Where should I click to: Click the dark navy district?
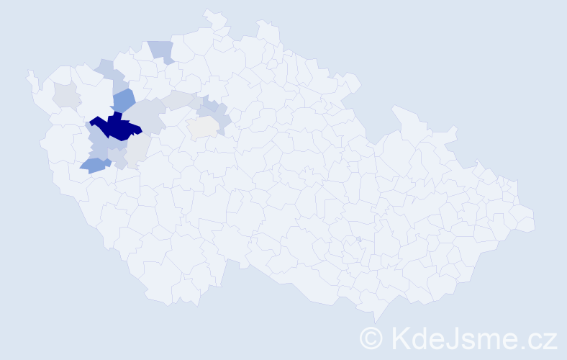[x=115, y=127]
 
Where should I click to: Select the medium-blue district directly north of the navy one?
[x=123, y=100]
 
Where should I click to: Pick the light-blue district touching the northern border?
[x=162, y=50]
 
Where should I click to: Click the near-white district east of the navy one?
[x=203, y=127]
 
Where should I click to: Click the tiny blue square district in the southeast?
[x=358, y=239]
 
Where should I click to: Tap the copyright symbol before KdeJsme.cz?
[x=372, y=337]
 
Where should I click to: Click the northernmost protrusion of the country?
[x=209, y=12]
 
